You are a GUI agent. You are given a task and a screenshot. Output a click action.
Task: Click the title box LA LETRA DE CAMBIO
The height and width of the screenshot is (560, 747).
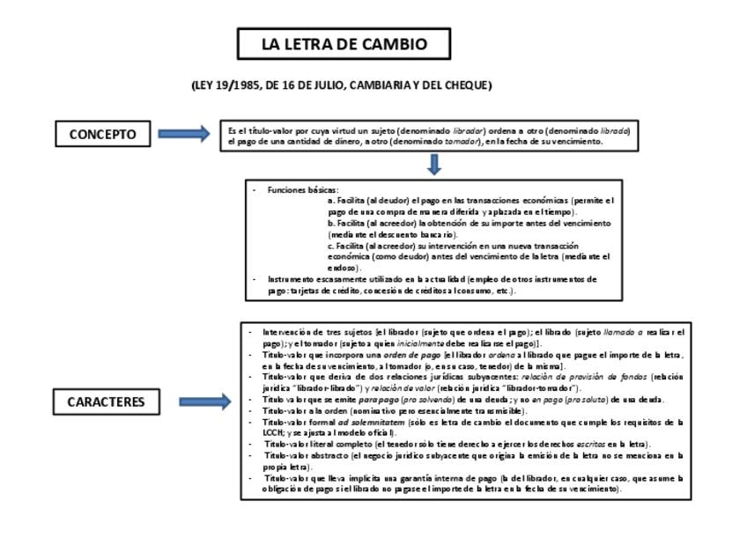[344, 44]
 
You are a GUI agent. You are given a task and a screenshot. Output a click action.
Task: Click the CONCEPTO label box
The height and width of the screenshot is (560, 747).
[103, 135]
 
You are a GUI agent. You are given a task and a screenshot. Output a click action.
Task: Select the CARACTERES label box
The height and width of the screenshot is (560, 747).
[106, 402]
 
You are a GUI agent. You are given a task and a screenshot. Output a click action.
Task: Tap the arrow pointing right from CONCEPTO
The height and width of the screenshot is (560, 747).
[184, 134]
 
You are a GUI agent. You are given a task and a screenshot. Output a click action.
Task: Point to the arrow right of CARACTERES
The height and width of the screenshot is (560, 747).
[204, 402]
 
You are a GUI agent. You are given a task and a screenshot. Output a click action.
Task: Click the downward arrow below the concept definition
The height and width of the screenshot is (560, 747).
[433, 164]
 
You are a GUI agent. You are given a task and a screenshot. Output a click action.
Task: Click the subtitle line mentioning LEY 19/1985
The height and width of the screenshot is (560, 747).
[341, 85]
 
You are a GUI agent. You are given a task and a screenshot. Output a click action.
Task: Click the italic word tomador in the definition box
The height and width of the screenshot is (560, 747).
[461, 141]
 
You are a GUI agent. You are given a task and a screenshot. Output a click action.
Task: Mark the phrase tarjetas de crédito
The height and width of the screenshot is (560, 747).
[321, 291]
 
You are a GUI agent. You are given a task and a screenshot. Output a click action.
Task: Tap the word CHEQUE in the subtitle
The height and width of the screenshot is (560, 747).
[468, 85]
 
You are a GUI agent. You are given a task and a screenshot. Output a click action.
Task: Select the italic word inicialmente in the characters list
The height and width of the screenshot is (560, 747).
[419, 343]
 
